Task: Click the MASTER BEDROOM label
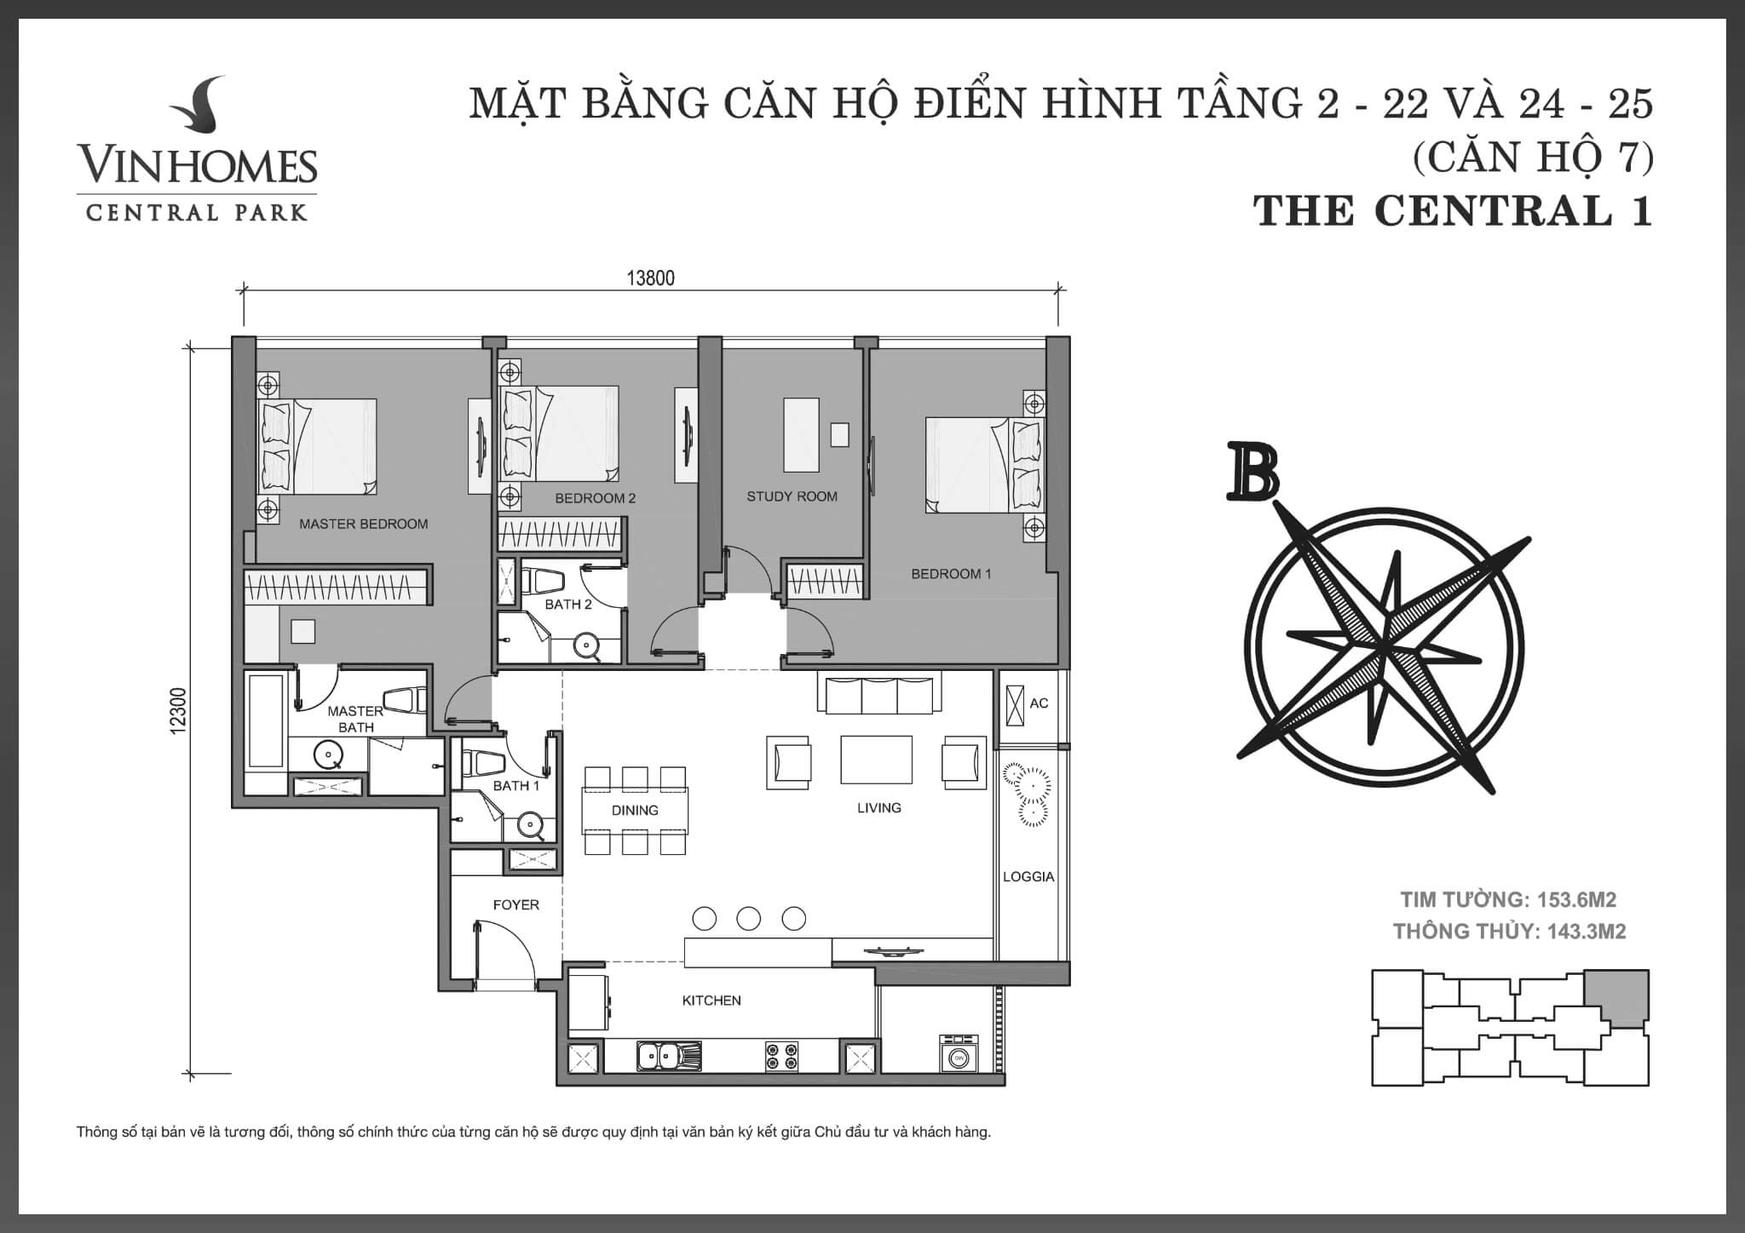pos(363,525)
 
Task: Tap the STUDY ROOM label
pos(792,496)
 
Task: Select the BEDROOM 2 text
pos(595,498)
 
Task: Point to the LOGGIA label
pos(1028,876)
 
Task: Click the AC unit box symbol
pos(1014,704)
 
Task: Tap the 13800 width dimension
pos(650,278)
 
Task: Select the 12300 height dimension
pos(177,712)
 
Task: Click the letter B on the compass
pos(1253,472)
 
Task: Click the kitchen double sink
pos(668,1057)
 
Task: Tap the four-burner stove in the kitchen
pos(781,1057)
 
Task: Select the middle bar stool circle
pos(748,918)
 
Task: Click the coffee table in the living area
pos(876,759)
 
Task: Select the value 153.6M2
pos(1575,900)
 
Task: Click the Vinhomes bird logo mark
pos(198,108)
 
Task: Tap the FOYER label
pos(515,905)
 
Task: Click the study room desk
pos(800,434)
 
